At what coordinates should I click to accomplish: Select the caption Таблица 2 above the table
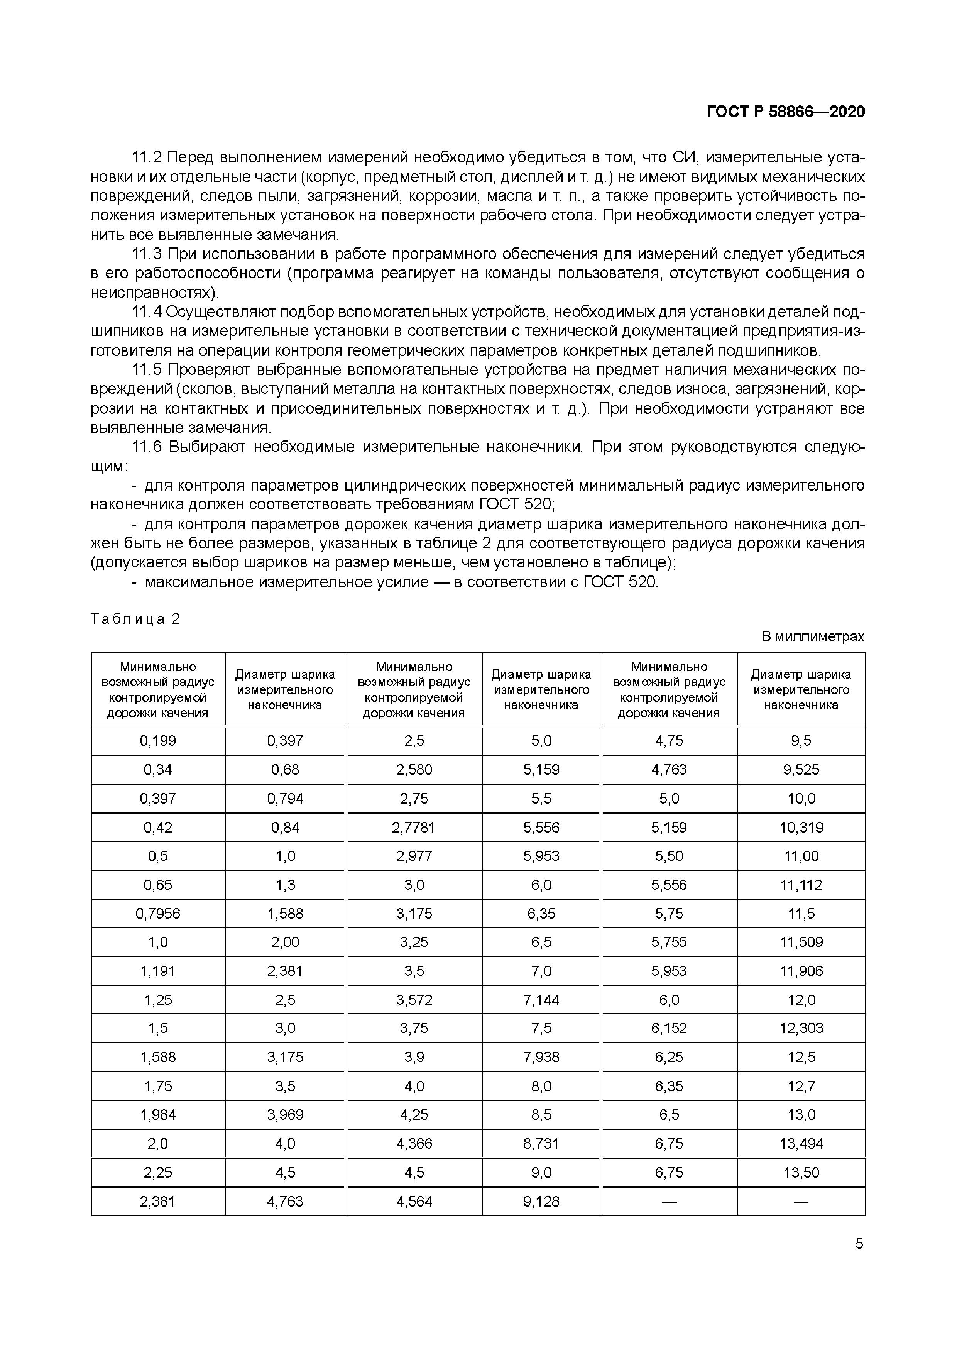(135, 619)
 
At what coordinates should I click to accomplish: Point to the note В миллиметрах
(813, 636)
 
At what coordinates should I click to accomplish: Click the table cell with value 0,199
(158, 741)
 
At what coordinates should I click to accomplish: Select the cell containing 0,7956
(158, 914)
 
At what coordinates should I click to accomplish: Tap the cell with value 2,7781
(414, 828)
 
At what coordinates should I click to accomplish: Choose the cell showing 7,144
(541, 1000)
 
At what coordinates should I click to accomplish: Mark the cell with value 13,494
(801, 1144)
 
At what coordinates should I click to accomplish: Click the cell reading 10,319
(801, 828)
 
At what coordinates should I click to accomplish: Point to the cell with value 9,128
(541, 1201)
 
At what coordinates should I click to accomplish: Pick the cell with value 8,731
(541, 1144)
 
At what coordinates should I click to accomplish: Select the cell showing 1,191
(158, 971)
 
